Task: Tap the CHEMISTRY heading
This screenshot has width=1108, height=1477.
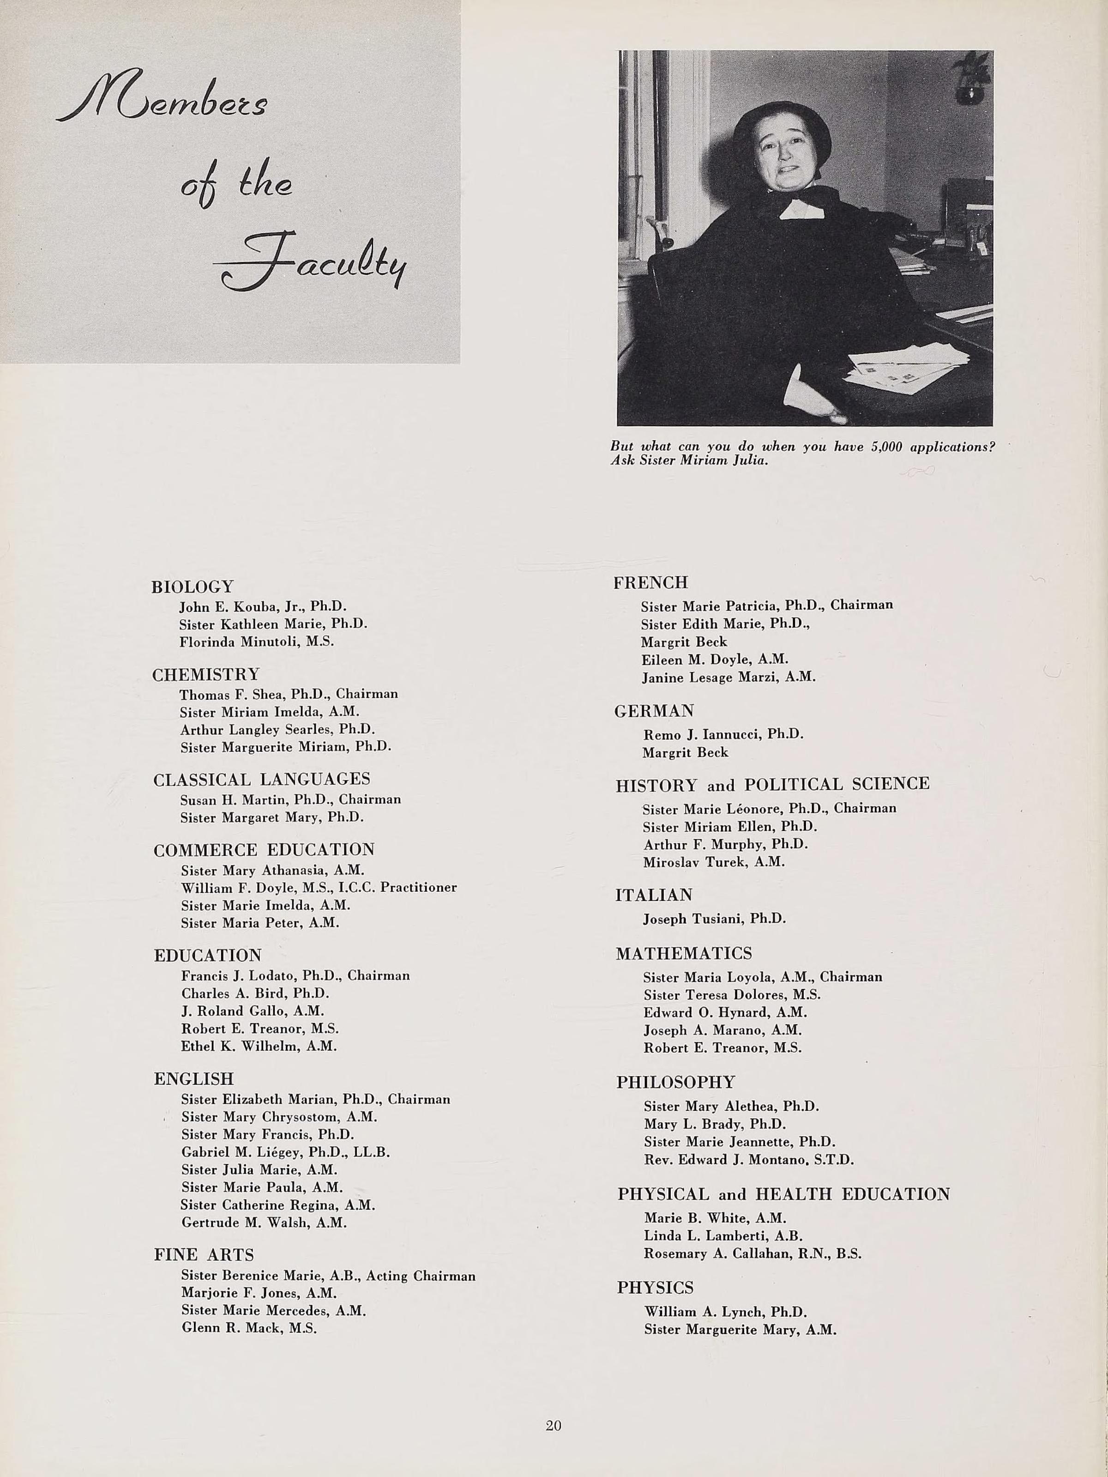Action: (x=205, y=674)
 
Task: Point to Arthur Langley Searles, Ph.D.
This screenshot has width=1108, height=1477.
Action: (x=277, y=729)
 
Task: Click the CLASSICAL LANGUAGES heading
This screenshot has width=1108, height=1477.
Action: (x=262, y=779)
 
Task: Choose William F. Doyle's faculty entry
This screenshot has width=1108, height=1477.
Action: (x=319, y=887)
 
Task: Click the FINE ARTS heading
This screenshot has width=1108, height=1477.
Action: (x=204, y=1255)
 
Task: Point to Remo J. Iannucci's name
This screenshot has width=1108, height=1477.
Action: (x=723, y=734)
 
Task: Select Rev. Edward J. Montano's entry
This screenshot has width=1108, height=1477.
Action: (x=748, y=1160)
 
